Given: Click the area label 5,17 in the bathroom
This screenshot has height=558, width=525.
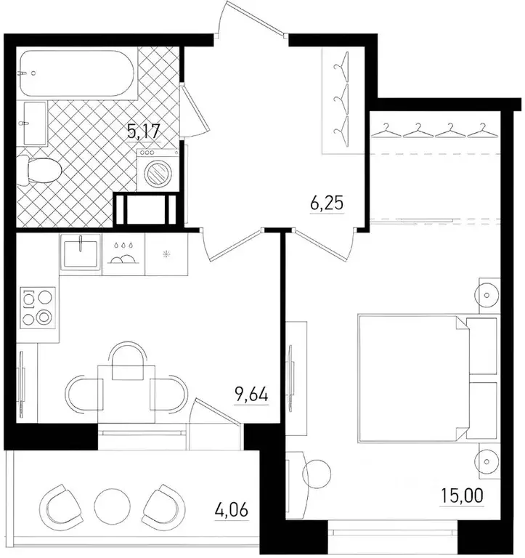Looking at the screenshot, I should (x=143, y=132).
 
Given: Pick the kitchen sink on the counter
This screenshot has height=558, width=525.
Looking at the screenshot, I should (x=81, y=254).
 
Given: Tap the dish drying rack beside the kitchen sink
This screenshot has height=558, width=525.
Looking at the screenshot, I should (x=123, y=254).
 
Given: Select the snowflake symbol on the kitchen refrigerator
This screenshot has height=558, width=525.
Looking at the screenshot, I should (x=166, y=254).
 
